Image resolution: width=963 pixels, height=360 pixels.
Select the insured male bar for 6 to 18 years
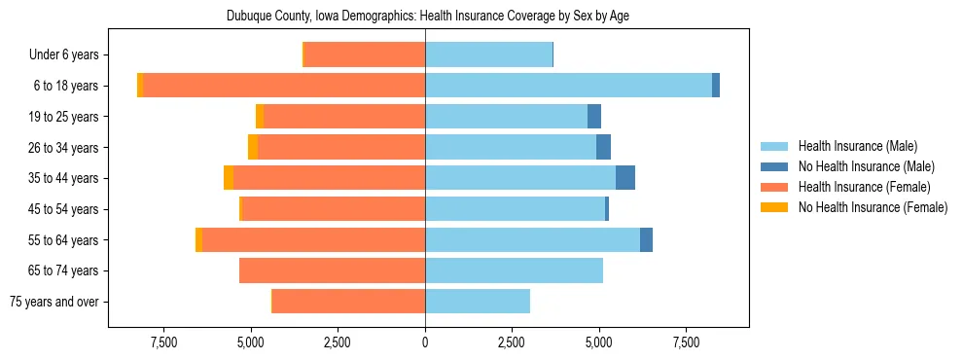point(568,86)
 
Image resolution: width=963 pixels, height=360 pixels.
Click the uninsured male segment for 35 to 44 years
point(625,178)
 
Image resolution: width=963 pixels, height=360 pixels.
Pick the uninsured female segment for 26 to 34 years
point(253,147)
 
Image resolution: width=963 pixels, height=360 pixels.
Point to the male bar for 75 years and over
point(478,302)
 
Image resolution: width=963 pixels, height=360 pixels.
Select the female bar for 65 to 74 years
point(332,270)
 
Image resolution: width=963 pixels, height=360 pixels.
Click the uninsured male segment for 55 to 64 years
point(646,239)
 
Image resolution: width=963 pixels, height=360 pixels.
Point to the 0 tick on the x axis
point(425,343)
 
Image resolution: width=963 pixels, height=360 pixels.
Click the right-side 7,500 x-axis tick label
point(686,343)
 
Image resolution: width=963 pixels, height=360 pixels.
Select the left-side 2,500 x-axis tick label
point(338,343)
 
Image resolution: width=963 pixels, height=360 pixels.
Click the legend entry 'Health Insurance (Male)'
point(857,146)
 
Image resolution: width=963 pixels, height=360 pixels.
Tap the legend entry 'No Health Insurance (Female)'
point(873,207)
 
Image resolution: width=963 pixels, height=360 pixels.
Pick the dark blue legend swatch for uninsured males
point(774,166)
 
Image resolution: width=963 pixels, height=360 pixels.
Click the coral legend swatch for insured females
point(774,187)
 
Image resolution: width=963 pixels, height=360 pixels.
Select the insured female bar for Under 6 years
point(365,54)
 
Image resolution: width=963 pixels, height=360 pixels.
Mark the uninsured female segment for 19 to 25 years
point(260,117)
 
